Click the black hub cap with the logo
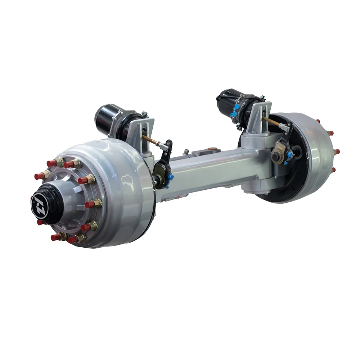45,203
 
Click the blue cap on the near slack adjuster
170,177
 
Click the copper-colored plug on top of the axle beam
212,148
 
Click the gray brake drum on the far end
317,151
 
